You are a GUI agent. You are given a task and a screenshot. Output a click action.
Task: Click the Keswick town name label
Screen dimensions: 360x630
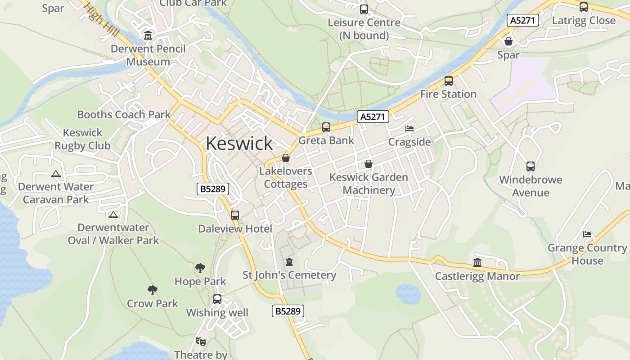click(239, 143)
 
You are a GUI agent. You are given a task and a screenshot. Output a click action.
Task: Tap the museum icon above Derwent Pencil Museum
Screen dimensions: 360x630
click(148, 35)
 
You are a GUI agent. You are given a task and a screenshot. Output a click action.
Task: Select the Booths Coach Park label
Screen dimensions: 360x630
click(124, 114)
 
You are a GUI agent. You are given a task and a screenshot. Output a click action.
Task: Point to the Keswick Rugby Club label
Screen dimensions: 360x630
click(83, 139)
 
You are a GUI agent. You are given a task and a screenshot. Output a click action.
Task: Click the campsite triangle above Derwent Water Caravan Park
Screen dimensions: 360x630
click(56, 174)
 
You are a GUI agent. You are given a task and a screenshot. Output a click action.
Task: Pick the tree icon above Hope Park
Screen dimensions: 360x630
click(200, 268)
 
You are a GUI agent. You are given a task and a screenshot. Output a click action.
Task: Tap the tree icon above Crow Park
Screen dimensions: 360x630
click(153, 290)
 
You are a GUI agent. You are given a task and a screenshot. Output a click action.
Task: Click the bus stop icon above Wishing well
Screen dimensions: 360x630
click(217, 299)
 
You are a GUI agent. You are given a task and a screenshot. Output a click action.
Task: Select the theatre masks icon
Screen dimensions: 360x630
click(200, 342)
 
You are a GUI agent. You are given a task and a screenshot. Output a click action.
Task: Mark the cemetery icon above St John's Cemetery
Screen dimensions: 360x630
click(289, 261)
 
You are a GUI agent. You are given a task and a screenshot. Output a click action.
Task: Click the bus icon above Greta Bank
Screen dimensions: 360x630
click(326, 127)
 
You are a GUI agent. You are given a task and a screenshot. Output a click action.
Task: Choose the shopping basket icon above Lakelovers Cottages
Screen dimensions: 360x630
click(285, 158)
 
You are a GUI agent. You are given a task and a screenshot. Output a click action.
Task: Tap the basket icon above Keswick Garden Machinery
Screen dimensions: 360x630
click(369, 164)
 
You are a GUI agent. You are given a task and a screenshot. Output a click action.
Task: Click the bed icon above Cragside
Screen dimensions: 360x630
click(409, 129)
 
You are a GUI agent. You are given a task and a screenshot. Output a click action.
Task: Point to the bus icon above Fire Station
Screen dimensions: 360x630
click(449, 81)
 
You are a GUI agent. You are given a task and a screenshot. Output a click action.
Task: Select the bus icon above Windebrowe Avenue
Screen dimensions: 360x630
click(531, 166)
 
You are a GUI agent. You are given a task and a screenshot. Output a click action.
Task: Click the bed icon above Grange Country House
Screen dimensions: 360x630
click(587, 234)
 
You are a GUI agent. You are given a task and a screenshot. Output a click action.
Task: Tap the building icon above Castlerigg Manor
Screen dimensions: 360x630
click(477, 262)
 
